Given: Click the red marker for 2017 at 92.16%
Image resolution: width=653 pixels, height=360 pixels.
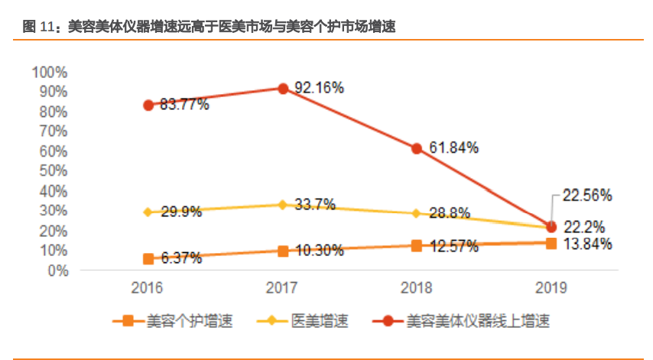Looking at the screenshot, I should click(283, 89).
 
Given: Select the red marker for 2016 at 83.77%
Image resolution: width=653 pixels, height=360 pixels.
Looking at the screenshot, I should click(148, 105).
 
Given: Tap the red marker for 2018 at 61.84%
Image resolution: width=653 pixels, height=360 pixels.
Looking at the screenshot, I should click(417, 148).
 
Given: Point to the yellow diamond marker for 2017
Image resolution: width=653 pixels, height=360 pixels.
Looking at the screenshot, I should click(283, 205).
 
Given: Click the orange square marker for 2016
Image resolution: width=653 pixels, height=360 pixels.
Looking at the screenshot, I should click(148, 259).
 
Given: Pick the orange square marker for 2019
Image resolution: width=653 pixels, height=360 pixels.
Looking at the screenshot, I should click(551, 243).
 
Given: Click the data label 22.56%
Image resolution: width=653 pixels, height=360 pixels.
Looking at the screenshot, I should click(587, 196).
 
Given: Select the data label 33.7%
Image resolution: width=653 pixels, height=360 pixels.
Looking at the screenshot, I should click(315, 205).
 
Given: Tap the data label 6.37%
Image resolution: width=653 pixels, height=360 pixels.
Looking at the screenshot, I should click(181, 258).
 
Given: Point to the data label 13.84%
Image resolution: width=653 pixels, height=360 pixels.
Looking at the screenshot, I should click(587, 245).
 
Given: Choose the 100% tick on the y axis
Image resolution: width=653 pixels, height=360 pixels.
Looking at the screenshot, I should click(50, 72).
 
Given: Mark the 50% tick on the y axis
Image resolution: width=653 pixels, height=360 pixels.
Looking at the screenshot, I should click(53, 170).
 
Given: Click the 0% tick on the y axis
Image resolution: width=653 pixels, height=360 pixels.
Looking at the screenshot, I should click(58, 270).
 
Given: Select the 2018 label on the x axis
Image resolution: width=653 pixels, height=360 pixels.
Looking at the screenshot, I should click(417, 288).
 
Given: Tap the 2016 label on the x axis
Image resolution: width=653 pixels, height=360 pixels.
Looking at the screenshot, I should click(148, 288).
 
